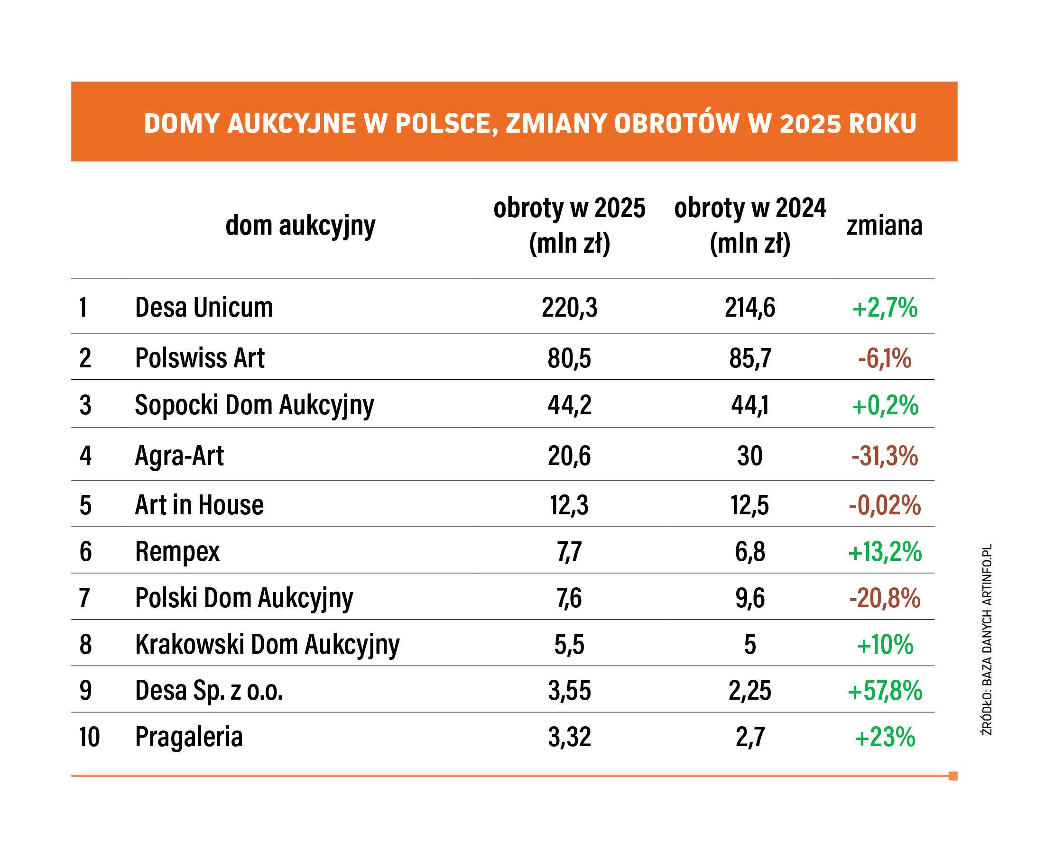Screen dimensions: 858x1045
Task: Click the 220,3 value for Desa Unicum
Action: click(569, 308)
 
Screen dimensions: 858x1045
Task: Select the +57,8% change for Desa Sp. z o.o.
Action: click(884, 691)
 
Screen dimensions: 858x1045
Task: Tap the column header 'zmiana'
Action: click(884, 225)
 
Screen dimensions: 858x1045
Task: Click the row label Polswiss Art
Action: click(199, 358)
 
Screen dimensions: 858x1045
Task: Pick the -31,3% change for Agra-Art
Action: click(884, 456)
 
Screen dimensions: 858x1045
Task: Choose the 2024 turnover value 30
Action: click(750, 456)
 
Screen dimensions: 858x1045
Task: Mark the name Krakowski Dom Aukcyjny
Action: click(267, 645)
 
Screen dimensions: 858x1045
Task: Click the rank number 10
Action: click(89, 737)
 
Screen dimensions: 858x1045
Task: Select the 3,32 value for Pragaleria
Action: click(569, 737)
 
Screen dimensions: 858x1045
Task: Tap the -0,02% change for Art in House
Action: click(884, 505)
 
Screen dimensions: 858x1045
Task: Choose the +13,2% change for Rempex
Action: click(884, 552)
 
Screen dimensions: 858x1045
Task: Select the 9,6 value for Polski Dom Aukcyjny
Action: click(750, 598)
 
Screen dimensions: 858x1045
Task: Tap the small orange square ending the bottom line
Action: click(953, 776)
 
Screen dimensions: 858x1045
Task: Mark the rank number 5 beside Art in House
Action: click(85, 505)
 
